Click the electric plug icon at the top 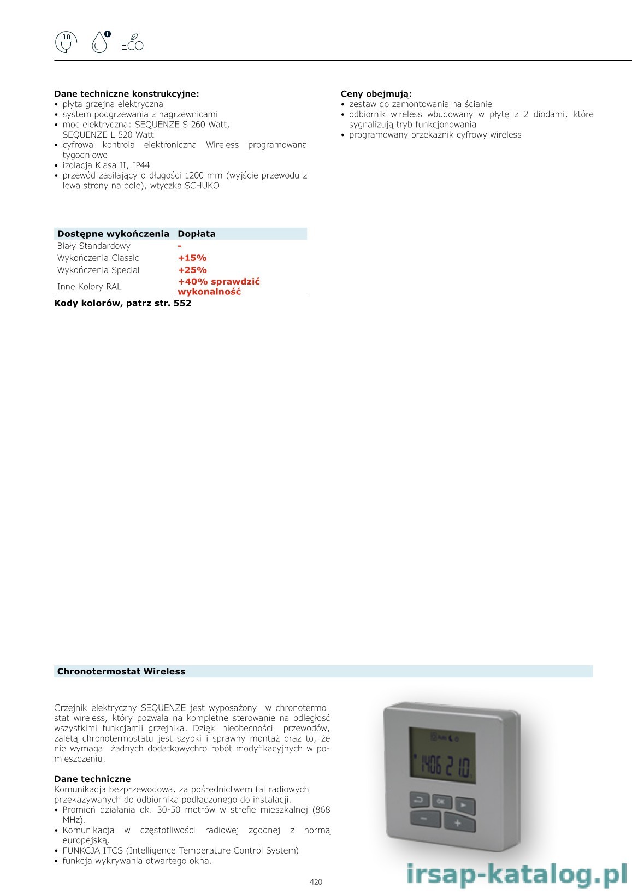coord(66,43)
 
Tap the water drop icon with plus coord(101,42)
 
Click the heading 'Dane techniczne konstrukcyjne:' coord(127,94)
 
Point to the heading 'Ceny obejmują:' coord(376,94)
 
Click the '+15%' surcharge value coord(192,258)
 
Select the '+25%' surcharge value coord(192,270)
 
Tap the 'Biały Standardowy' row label coord(94,246)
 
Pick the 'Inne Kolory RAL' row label coord(89,287)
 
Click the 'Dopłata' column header coord(197,234)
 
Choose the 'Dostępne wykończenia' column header coord(113,234)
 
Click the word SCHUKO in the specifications coord(202,186)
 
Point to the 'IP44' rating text coord(141,165)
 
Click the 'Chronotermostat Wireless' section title coord(121,672)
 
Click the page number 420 coord(316,881)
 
